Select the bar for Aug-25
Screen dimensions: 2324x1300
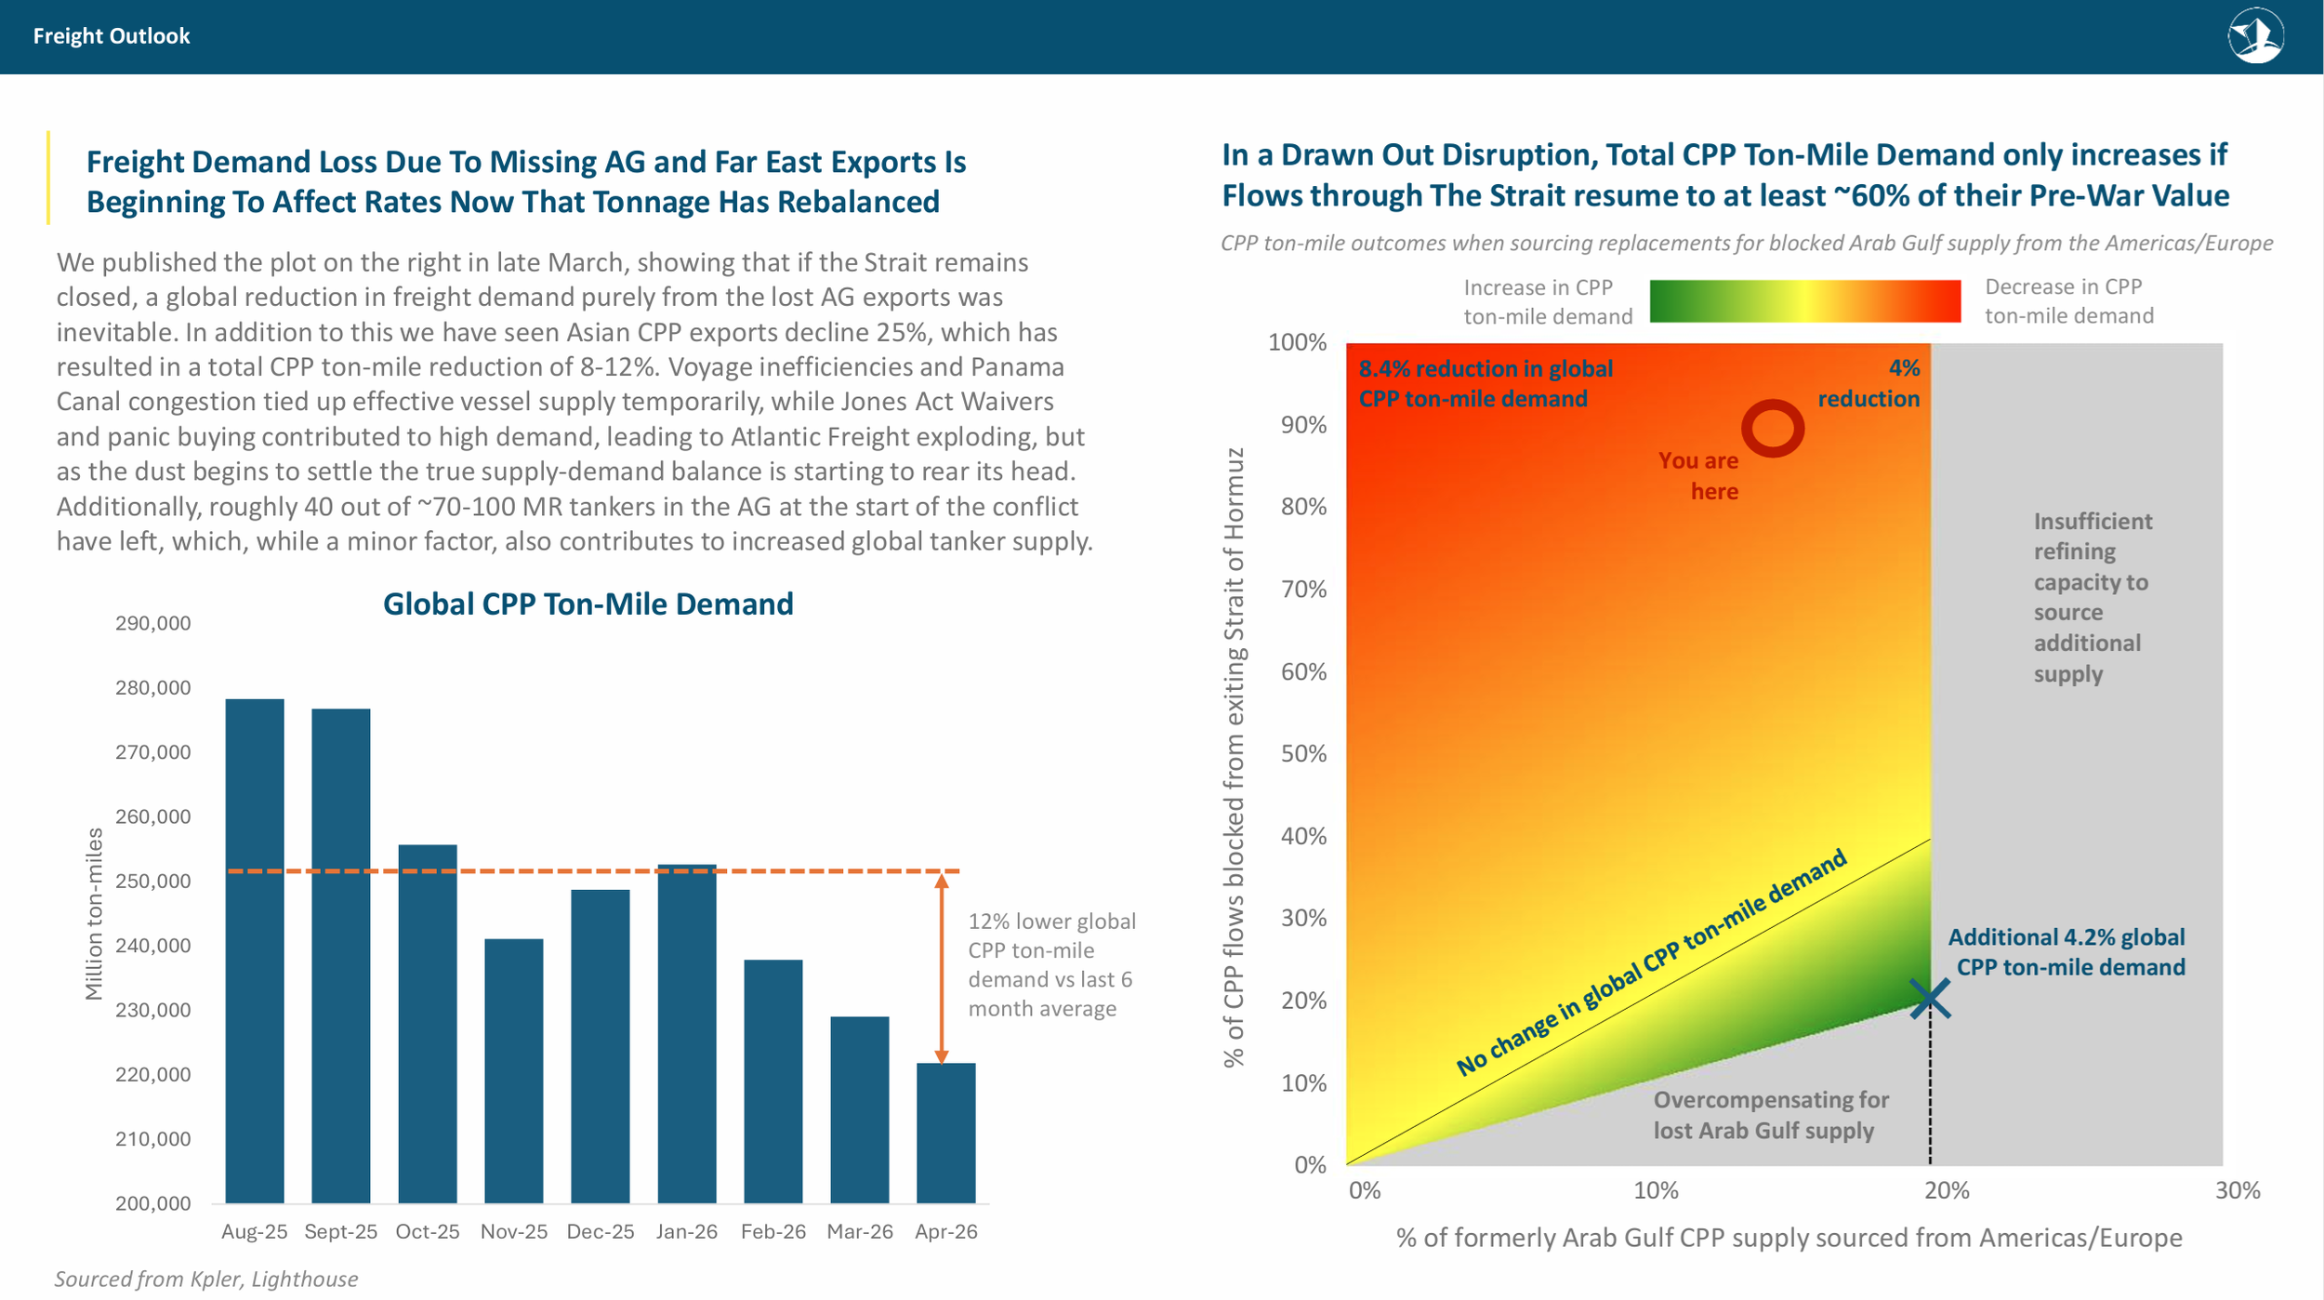255,950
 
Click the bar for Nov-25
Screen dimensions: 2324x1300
514,1070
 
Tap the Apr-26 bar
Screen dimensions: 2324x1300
946,1133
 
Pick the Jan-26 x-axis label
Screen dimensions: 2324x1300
687,1231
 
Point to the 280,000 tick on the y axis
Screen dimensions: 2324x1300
153,688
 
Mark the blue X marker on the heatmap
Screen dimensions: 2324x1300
1930,999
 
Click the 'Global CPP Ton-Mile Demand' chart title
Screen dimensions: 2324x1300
588,604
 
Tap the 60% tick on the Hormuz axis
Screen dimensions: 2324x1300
1304,671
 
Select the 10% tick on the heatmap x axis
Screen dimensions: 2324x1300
1656,1190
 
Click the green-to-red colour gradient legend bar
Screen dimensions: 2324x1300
1805,301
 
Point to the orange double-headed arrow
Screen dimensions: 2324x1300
942,968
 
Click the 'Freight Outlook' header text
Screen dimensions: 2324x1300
112,36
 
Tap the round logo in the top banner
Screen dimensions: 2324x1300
2256,36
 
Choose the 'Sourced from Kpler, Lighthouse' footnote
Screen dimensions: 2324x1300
205,1279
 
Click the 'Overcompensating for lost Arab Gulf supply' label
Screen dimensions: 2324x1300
1771,1115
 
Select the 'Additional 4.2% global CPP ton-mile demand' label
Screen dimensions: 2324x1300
2067,952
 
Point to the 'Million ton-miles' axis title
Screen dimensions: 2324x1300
93,913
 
